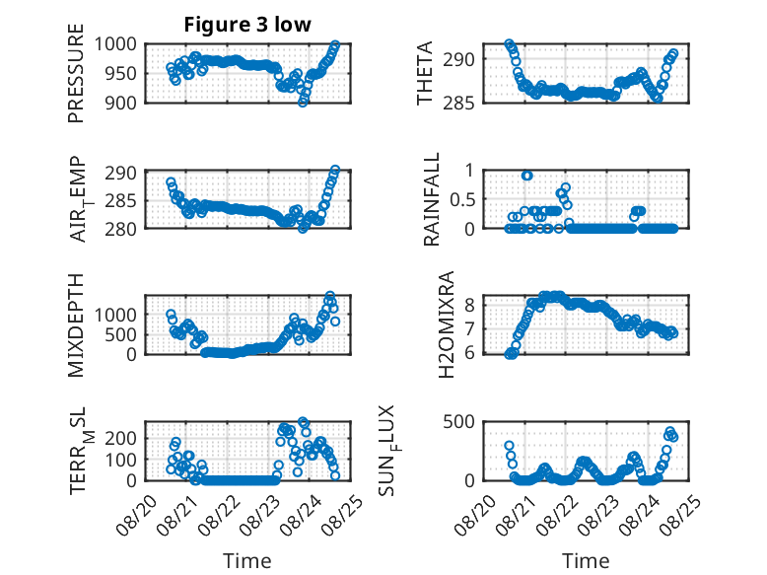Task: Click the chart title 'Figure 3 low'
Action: click(247, 25)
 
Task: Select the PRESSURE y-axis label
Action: click(76, 73)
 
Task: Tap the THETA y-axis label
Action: click(425, 73)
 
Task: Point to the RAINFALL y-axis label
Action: click(432, 199)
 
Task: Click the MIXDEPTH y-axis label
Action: click(76, 324)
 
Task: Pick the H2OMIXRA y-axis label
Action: click(447, 324)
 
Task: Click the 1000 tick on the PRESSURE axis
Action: click(115, 44)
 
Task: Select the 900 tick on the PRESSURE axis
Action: click(121, 103)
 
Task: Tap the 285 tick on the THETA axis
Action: click(458, 103)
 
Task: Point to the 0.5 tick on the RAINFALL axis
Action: click(461, 199)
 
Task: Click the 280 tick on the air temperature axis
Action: click(121, 229)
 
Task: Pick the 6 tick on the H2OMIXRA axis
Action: click(469, 353)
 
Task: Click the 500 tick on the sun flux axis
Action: click(458, 422)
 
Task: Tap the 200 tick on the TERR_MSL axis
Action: click(121, 438)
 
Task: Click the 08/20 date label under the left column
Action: click(135, 515)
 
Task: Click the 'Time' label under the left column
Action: click(247, 560)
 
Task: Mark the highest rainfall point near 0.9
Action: click(526, 176)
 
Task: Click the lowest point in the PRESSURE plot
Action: click(303, 102)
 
